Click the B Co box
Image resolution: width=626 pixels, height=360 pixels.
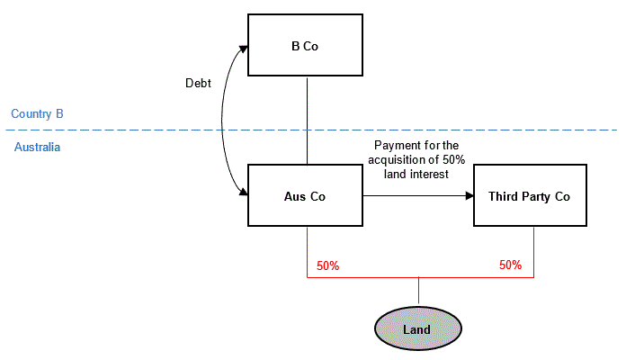point(306,45)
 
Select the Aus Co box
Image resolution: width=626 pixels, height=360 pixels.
point(305,195)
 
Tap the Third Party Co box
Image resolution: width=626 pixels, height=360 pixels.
point(530,195)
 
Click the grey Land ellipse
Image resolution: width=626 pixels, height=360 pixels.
point(417,328)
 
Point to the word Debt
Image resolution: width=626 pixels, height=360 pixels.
point(197,83)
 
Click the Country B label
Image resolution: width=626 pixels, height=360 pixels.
point(37,114)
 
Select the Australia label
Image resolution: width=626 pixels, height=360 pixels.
point(37,147)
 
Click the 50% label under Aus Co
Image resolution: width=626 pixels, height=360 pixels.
point(327,266)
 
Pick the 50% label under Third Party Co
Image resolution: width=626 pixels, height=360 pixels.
point(510,266)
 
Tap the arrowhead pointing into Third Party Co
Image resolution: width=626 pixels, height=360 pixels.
point(469,194)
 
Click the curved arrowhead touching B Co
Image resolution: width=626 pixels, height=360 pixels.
point(243,49)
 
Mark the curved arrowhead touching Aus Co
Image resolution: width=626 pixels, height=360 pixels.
point(243,191)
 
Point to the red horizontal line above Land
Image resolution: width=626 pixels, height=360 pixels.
point(378,277)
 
